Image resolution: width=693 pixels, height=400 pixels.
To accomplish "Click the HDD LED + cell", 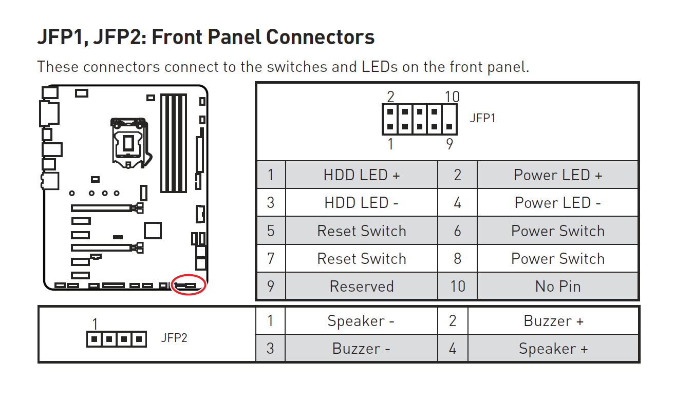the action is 361,175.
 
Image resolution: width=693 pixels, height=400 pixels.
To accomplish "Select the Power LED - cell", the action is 557,203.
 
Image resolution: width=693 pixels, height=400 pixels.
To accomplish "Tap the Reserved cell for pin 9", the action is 361,286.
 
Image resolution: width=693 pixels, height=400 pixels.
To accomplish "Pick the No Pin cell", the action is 557,286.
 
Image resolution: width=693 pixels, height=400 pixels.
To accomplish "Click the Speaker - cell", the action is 361,321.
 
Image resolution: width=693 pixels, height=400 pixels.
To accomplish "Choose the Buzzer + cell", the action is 553,321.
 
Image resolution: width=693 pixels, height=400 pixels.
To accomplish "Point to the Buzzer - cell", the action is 361,349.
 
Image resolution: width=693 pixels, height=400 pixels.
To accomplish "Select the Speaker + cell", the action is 553,349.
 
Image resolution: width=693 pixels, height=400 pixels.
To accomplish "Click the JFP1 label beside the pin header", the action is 482,118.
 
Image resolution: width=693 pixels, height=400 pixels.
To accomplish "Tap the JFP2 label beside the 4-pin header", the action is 174,338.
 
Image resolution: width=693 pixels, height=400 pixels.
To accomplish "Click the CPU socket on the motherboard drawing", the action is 129,143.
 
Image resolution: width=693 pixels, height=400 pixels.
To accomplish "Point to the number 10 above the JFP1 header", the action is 452,97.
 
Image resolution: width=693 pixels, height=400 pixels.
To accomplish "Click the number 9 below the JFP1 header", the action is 449,144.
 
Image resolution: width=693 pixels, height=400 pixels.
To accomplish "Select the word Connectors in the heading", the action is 320,37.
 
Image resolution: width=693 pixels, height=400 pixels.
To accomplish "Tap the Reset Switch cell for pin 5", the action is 361,231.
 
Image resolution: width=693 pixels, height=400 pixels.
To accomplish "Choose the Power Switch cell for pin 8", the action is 557,258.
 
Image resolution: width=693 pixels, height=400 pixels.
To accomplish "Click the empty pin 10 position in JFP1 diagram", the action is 449,112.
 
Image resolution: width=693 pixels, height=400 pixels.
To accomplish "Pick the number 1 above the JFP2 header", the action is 95,325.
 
